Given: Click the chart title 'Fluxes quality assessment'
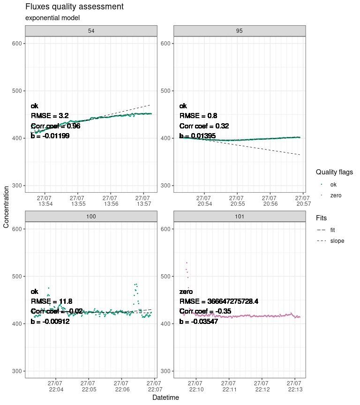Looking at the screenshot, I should (75, 7).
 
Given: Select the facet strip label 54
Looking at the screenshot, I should (91, 30).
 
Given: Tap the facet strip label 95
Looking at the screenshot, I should (240, 30).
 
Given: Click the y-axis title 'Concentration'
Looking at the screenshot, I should (6, 207).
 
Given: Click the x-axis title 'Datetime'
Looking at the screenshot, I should (165, 397).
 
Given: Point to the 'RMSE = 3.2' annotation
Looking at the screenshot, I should (50, 116).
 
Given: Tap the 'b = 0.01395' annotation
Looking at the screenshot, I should (197, 136).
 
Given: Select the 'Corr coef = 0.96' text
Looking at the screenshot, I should (56, 126).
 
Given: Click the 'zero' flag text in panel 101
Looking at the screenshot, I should (186, 292).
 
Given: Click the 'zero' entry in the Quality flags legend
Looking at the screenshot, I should (336, 195).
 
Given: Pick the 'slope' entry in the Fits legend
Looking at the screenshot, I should (337, 241).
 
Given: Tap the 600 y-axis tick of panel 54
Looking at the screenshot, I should (16, 44).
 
